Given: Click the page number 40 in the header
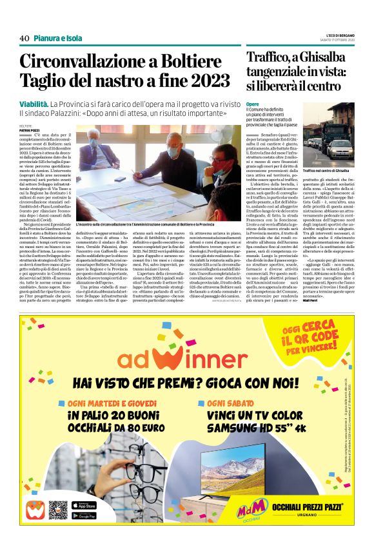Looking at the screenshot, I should click(25, 38).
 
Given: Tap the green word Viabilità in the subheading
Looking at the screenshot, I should click(34, 104).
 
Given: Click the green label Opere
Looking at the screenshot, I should click(252, 104).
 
